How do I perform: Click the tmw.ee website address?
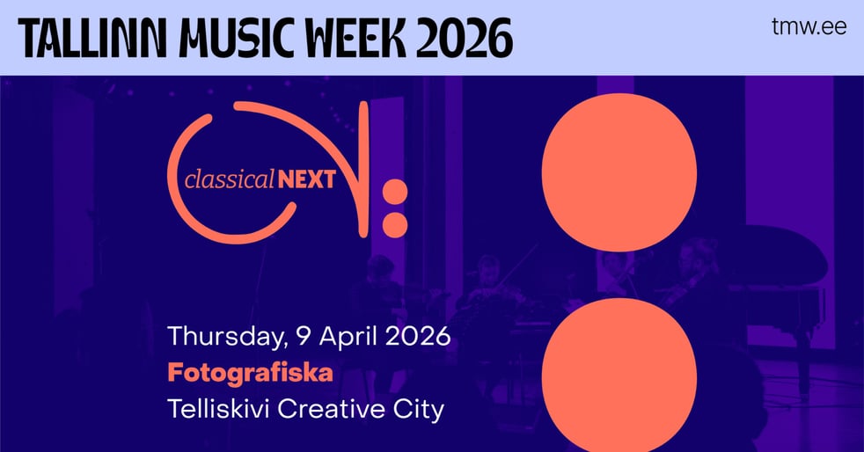(808, 27)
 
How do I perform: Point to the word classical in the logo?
(230, 180)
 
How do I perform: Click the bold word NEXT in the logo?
(307, 180)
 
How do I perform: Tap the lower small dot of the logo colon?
(395, 223)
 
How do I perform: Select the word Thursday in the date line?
(220, 337)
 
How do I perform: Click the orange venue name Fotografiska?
(250, 373)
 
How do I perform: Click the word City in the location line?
(419, 410)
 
